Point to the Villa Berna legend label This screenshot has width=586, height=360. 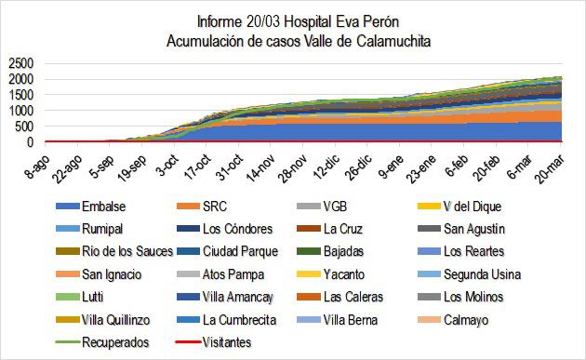pos(353,320)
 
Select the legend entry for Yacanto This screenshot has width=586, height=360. pos(349,275)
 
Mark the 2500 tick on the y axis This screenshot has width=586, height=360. pos(20,63)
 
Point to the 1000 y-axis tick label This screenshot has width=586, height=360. pos(20,111)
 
